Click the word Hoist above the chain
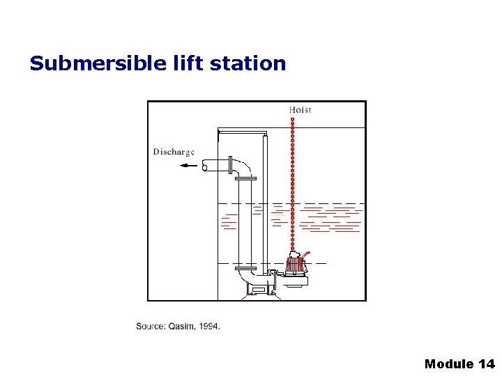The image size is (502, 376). (300, 109)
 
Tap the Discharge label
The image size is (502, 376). (174, 152)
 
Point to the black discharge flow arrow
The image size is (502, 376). (188, 166)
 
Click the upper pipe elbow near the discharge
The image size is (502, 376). (243, 168)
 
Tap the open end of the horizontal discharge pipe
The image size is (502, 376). (204, 166)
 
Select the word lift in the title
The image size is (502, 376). (185, 63)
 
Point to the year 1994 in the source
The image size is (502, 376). (209, 326)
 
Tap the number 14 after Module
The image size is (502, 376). (487, 363)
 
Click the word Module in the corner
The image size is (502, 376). (449, 363)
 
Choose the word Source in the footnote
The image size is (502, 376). (150, 326)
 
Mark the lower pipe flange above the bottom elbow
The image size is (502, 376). (245, 268)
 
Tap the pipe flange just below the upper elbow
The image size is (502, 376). (245, 179)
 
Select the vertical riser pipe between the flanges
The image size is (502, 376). (245, 223)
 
